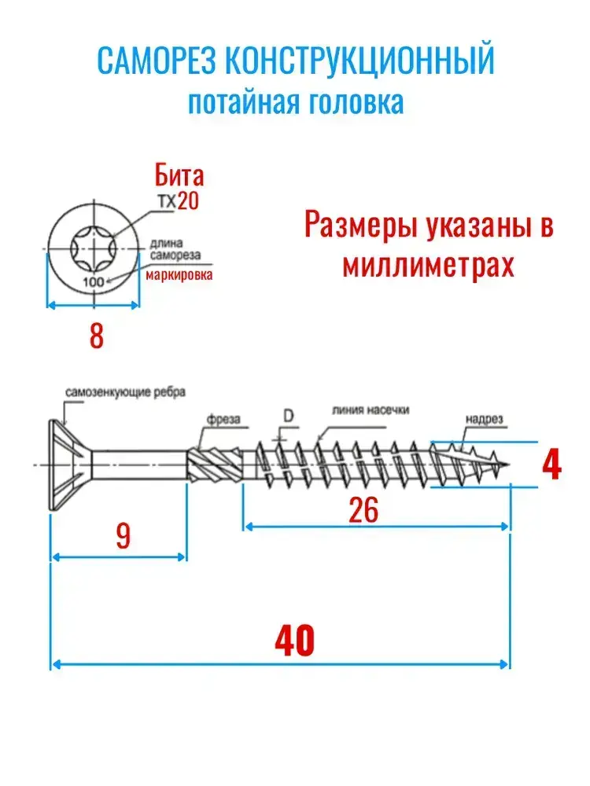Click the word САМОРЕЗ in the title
(x=156, y=60)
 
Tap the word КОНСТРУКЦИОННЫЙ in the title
(x=360, y=60)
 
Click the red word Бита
(x=179, y=175)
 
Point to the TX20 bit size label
(x=179, y=201)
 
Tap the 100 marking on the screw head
(x=94, y=281)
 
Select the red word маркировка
(x=179, y=274)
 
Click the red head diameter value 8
(x=96, y=336)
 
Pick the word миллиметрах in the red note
(x=429, y=264)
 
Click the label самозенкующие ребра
(x=125, y=392)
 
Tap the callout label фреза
(x=223, y=419)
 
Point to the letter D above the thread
(x=289, y=416)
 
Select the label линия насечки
(x=371, y=410)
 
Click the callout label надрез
(x=484, y=419)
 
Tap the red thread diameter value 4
(x=552, y=465)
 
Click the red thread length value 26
(x=363, y=510)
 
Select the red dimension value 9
(x=123, y=535)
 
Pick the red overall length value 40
(x=294, y=641)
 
